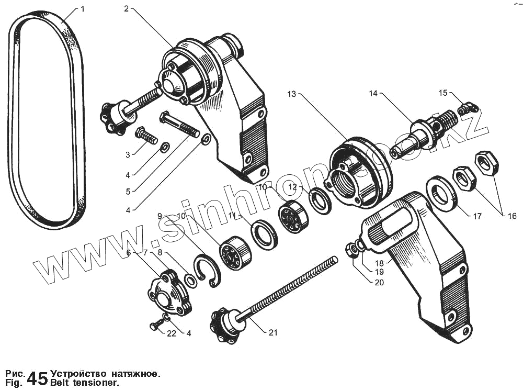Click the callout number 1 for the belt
(82, 9)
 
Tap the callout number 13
(291, 94)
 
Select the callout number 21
(273, 332)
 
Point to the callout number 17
(477, 216)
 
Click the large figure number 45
(37, 378)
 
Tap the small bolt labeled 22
(155, 326)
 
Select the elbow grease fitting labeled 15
(468, 108)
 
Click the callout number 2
(127, 9)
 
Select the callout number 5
(128, 192)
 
